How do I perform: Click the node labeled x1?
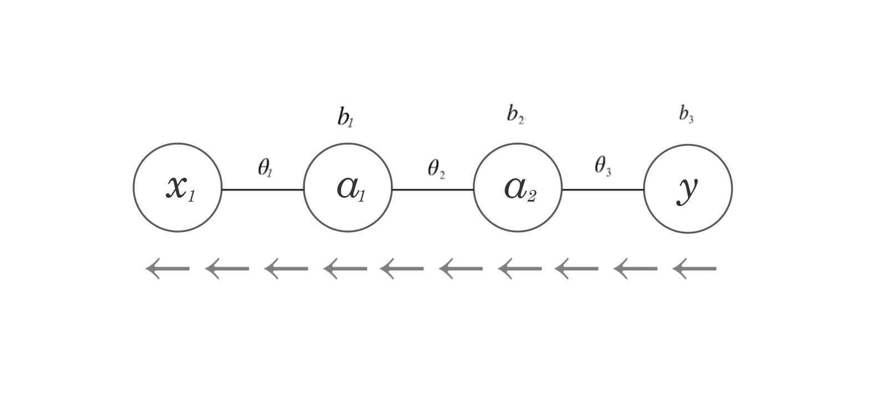177,188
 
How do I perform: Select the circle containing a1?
348,188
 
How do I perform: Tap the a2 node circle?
518,188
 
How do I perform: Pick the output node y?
687,188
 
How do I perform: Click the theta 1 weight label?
265,168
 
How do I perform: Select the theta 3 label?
603,166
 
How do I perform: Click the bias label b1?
345,117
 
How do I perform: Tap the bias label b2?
515,114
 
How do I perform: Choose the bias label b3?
686,114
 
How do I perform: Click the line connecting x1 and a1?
263,189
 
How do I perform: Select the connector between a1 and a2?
432,189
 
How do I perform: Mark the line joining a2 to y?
603,189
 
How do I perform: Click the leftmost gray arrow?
167,269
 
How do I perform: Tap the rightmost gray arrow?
694,269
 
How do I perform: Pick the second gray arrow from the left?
227,269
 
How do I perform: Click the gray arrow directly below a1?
345,269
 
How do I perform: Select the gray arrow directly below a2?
519,269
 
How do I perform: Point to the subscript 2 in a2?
531,196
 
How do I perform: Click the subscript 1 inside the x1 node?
191,196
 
